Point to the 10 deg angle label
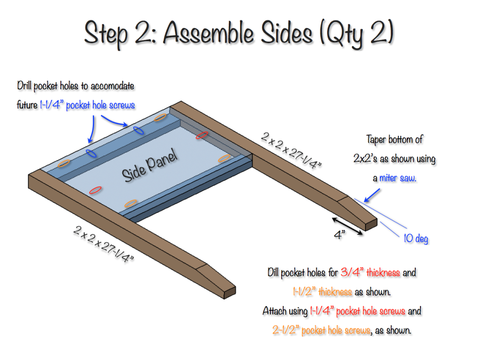[x=415, y=239]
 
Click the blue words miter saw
[x=397, y=178]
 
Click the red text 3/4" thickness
[x=370, y=272]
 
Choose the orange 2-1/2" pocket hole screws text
[x=321, y=330]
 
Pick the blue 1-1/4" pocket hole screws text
[x=87, y=105]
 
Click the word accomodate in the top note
[x=112, y=86]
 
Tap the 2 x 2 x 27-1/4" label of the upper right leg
[x=291, y=150]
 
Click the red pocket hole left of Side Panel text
[x=95, y=190]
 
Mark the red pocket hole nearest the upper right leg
[x=202, y=135]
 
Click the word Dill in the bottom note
[x=273, y=272]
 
